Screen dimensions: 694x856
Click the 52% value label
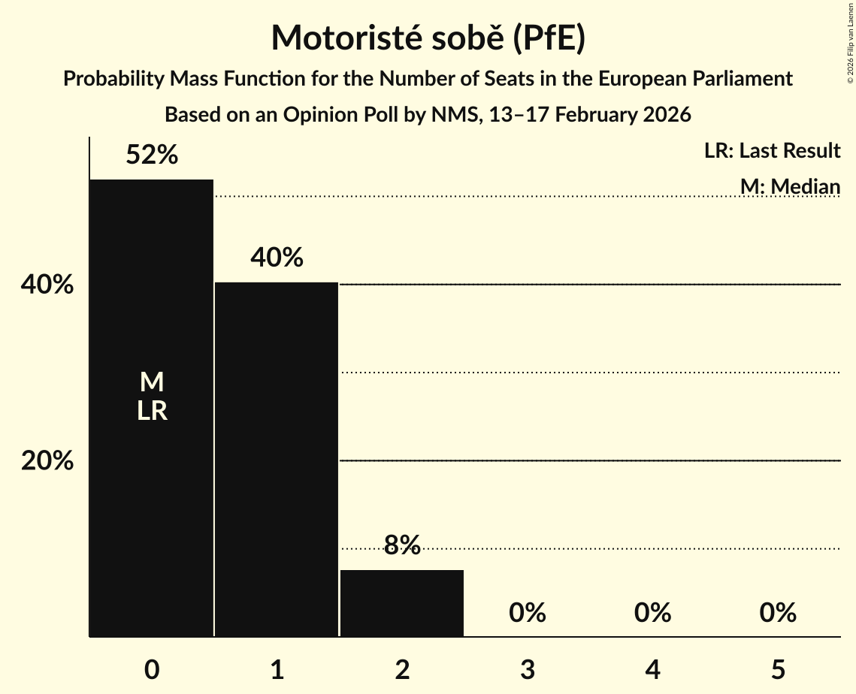152,155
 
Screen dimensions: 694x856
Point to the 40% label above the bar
277,258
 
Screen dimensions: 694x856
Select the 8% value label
402,545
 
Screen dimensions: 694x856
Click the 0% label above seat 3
527,613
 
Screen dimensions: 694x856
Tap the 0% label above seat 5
777,613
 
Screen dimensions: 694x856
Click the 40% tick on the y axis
47,285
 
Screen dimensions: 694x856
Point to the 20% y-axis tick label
47,461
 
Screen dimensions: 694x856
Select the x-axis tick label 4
652,669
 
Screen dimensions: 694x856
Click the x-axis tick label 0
152,669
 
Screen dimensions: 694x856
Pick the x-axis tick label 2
402,669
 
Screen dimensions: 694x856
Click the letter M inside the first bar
152,383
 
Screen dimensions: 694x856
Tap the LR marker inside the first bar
152,412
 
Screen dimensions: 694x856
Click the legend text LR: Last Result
772,151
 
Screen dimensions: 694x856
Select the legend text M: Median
789,186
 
